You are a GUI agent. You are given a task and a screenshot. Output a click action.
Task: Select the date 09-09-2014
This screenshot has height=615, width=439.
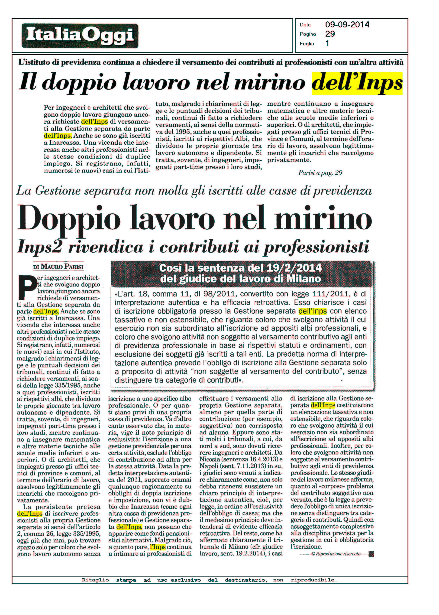click(x=347, y=25)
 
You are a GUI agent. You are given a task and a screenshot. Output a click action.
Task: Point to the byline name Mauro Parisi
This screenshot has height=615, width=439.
click(x=58, y=267)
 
